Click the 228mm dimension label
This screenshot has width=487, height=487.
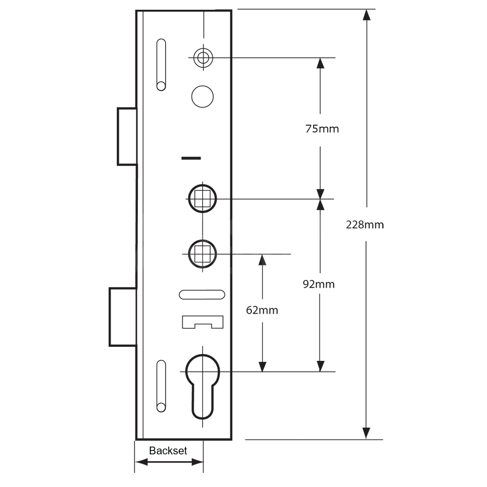[x=365, y=225]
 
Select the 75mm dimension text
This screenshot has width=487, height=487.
[x=321, y=129]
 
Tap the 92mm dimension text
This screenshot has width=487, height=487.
[x=318, y=284]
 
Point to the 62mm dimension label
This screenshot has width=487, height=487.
[x=262, y=310]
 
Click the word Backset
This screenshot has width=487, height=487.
[x=168, y=450]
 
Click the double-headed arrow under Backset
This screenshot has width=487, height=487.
[x=169, y=462]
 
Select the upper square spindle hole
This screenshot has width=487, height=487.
[x=202, y=199]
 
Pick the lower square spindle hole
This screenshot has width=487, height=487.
[x=202, y=254]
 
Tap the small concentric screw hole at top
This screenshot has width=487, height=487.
[x=203, y=57]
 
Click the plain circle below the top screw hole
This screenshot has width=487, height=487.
[x=203, y=96]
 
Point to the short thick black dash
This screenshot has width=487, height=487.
[x=191, y=158]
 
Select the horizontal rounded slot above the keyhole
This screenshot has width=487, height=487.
[x=202, y=294]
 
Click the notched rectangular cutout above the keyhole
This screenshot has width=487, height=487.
[x=202, y=321]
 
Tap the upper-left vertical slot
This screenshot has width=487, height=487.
[x=161, y=65]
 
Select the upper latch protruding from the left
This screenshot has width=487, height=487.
[x=127, y=136]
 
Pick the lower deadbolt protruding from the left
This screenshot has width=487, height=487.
[x=122, y=317]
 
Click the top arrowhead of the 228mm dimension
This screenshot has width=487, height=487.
[x=366, y=15]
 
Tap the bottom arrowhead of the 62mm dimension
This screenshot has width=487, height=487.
[x=262, y=366]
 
